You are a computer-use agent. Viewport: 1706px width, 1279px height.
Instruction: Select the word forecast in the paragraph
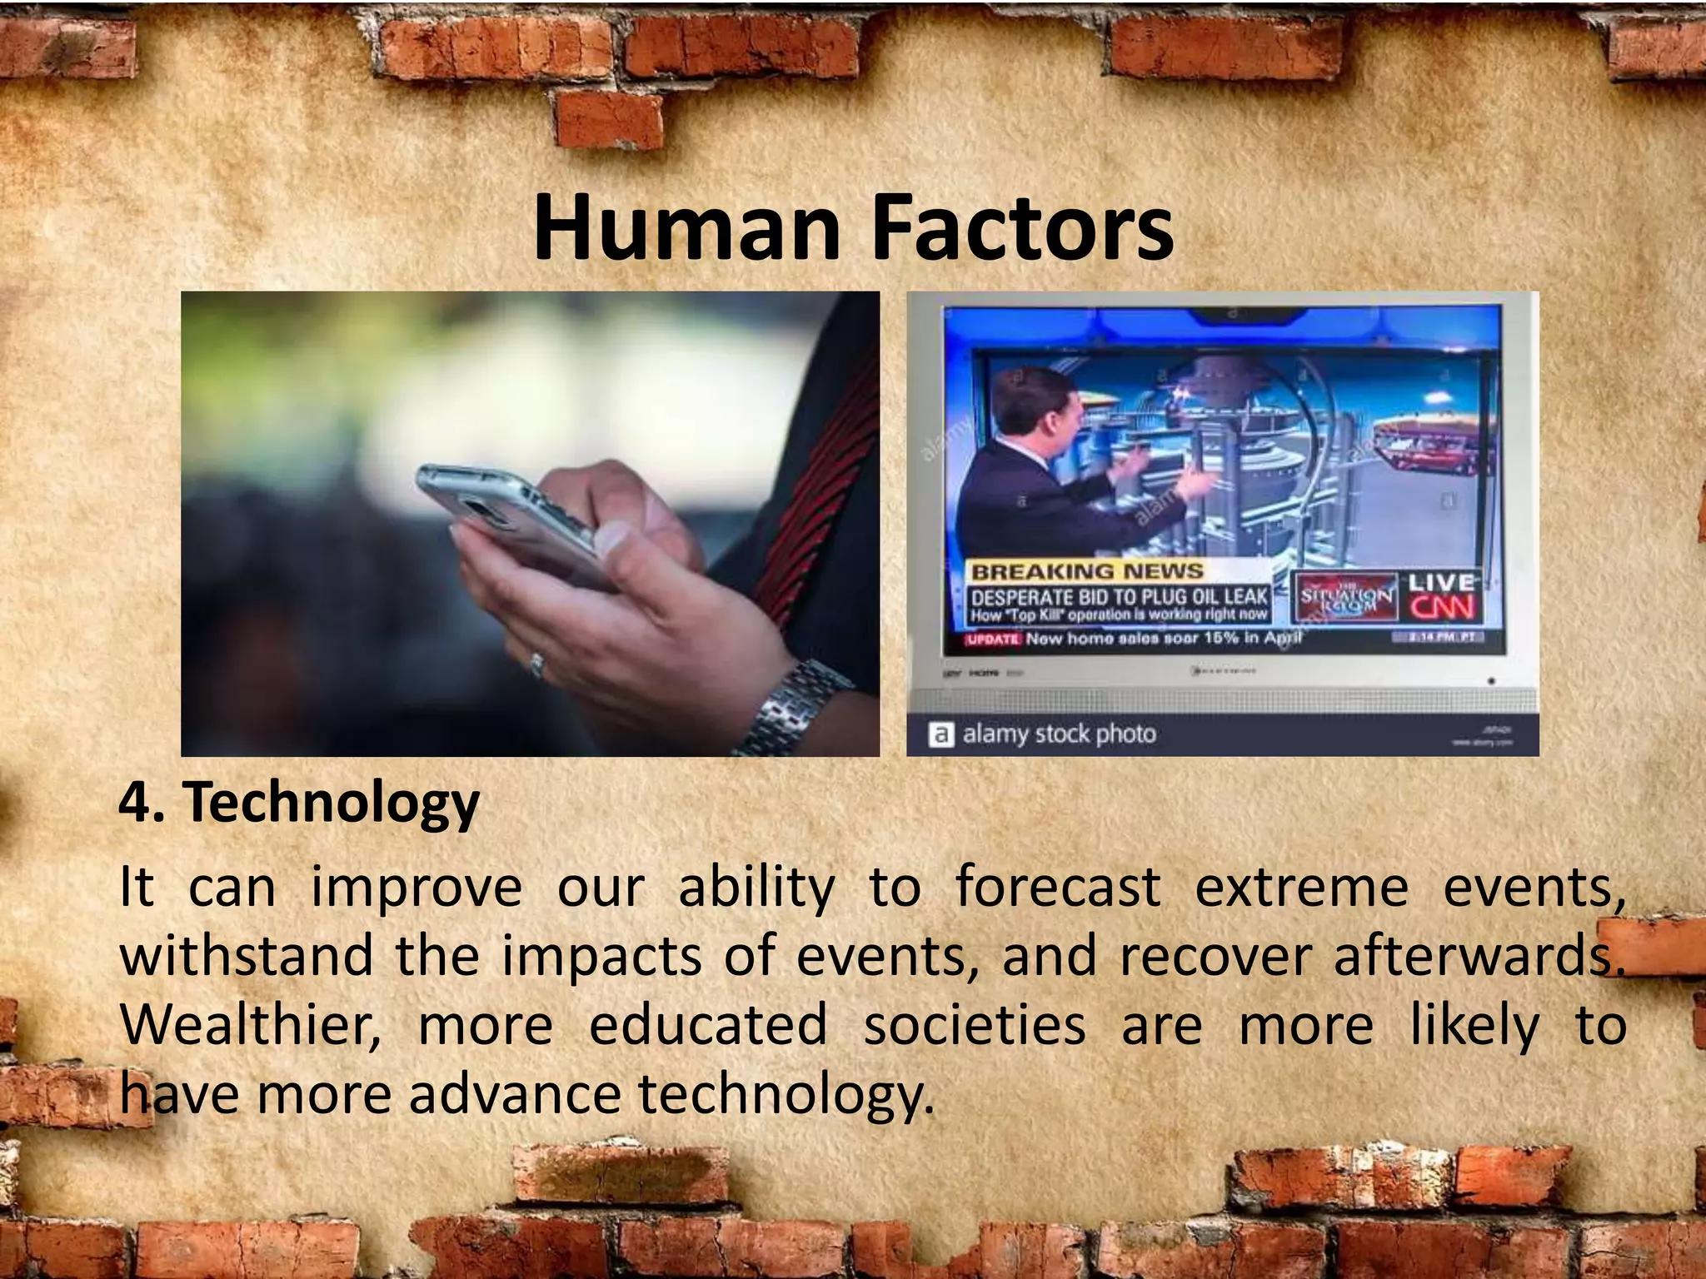(1057, 887)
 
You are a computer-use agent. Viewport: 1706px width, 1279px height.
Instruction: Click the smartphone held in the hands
(508, 516)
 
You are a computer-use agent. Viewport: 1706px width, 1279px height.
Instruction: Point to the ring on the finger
(537, 664)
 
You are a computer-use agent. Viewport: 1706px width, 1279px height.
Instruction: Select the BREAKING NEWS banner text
(1088, 572)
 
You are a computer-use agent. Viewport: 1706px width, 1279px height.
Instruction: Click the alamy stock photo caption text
(1058, 734)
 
